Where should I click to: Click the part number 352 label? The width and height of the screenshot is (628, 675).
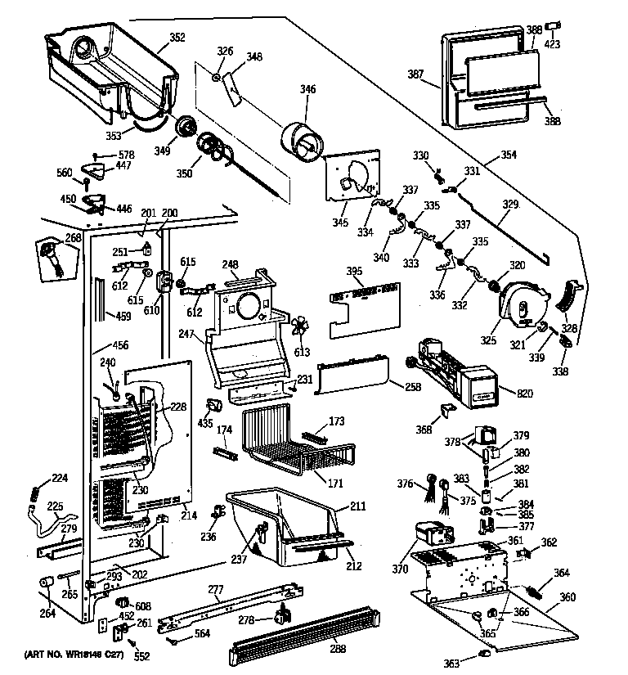[177, 37]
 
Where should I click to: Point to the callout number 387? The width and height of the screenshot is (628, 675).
[416, 74]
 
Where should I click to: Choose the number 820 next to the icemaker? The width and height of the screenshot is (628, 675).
[524, 394]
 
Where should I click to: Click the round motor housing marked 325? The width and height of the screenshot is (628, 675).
[514, 303]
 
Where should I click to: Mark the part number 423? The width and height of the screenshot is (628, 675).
[553, 45]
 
